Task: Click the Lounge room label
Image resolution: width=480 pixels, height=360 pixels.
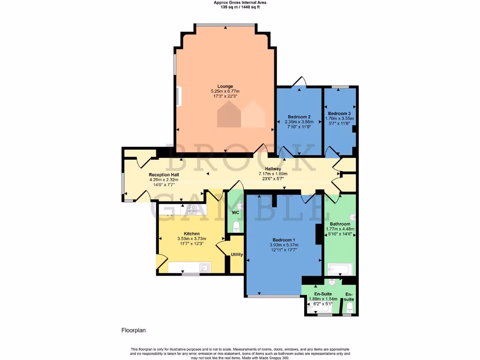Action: click(225, 86)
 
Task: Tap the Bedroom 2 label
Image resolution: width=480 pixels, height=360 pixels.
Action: click(299, 117)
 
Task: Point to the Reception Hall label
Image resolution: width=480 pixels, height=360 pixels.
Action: click(161, 174)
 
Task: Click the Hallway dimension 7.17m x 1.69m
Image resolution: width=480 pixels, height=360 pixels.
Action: click(273, 174)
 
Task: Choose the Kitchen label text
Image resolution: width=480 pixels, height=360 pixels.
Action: click(192, 233)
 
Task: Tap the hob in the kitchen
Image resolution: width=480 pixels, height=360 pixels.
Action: click(191, 209)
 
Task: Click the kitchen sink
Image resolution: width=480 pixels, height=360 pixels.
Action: click(204, 268)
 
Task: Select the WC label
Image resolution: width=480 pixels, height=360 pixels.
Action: click(236, 213)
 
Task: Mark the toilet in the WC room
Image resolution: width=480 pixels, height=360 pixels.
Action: click(236, 227)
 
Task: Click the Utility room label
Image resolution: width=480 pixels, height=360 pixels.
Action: click(237, 255)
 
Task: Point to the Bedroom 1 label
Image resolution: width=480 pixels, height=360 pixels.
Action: click(284, 240)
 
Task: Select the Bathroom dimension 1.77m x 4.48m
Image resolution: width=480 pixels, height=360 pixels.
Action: click(340, 229)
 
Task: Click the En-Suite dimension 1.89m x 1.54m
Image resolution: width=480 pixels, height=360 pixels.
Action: click(322, 299)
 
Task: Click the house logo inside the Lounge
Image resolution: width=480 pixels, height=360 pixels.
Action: click(241, 114)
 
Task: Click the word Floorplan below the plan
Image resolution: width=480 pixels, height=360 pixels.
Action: click(134, 330)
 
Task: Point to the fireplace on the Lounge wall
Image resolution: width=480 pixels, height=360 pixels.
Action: click(178, 96)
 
